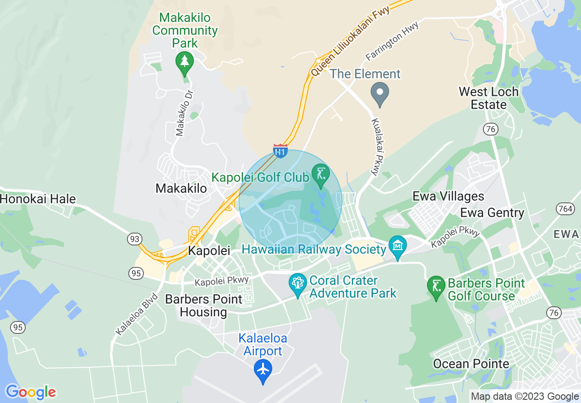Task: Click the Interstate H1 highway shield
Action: [x=280, y=151]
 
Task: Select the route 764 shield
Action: [x=565, y=209]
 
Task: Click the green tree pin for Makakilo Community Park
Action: [x=184, y=62]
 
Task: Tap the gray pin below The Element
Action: [x=379, y=93]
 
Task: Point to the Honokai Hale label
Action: [x=38, y=199]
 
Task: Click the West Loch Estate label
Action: [x=488, y=98]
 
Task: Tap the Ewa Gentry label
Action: [x=492, y=213]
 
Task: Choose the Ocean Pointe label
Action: [x=471, y=364]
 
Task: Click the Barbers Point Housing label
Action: [x=203, y=305]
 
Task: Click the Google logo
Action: [x=30, y=392]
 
